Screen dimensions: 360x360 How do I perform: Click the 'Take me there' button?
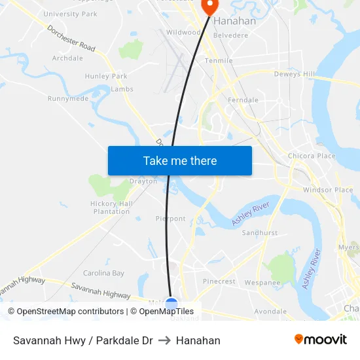click(180, 160)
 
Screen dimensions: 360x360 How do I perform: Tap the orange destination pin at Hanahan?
click(209, 7)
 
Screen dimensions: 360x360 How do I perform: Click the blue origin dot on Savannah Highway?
click(171, 304)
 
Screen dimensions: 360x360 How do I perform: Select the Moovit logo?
click(320, 340)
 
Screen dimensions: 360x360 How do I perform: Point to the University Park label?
click(70, 14)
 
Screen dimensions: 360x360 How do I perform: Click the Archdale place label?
click(67, 58)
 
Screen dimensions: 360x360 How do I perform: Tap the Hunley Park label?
click(106, 77)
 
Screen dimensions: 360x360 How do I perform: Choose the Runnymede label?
click(68, 99)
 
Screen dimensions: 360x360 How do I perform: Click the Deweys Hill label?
click(295, 75)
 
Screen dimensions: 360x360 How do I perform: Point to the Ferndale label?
click(243, 100)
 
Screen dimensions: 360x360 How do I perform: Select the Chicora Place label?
click(312, 156)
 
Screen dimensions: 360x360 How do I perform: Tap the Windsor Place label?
click(328, 190)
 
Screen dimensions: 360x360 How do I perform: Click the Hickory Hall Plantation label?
click(111, 207)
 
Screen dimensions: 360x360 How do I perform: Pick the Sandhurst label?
click(260, 233)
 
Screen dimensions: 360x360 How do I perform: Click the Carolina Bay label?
click(103, 273)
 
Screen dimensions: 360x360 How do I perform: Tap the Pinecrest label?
click(219, 281)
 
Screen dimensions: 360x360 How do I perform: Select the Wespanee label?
click(262, 283)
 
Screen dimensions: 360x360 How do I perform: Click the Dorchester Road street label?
click(72, 39)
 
